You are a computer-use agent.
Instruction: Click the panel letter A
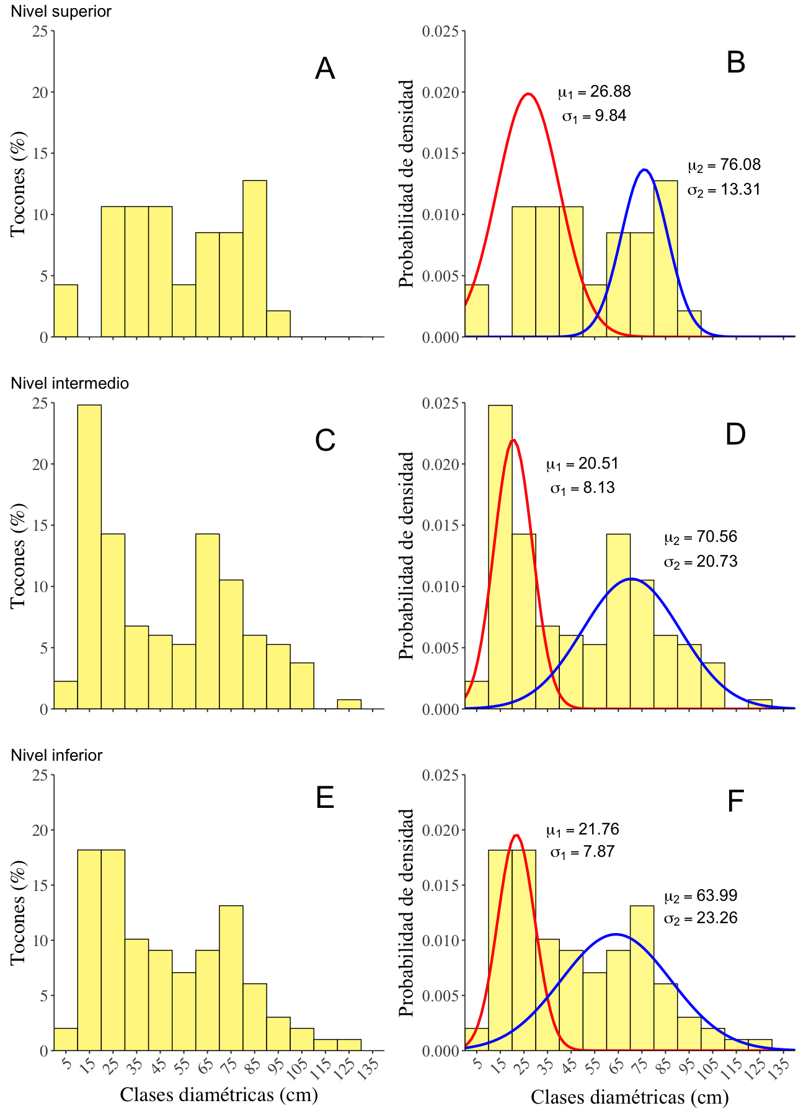325,69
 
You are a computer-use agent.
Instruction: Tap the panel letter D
735,435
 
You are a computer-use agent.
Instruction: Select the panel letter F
735,802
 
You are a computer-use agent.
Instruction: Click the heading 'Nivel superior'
61,11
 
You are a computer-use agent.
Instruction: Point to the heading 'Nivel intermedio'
69,383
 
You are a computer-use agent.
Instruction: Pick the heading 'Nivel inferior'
56,755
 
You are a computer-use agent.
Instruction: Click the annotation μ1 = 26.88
594,92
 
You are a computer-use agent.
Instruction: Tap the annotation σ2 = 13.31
724,190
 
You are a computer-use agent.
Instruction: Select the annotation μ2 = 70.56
701,537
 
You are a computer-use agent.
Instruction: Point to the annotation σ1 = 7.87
582,852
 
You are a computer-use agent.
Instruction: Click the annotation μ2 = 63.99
701,896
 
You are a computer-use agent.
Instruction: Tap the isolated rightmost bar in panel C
349,704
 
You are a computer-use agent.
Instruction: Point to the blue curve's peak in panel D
631,579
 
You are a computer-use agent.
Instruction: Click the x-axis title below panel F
629,1097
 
